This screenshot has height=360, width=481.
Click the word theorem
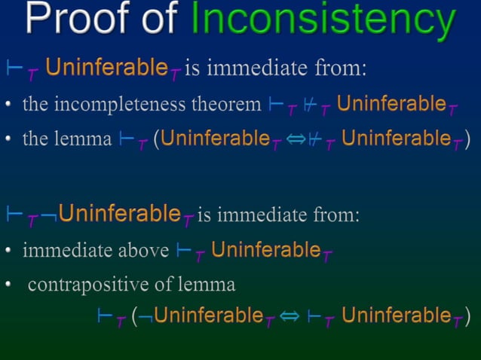(232, 104)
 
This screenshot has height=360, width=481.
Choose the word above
(143, 250)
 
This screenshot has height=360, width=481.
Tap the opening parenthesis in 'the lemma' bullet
(156, 139)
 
